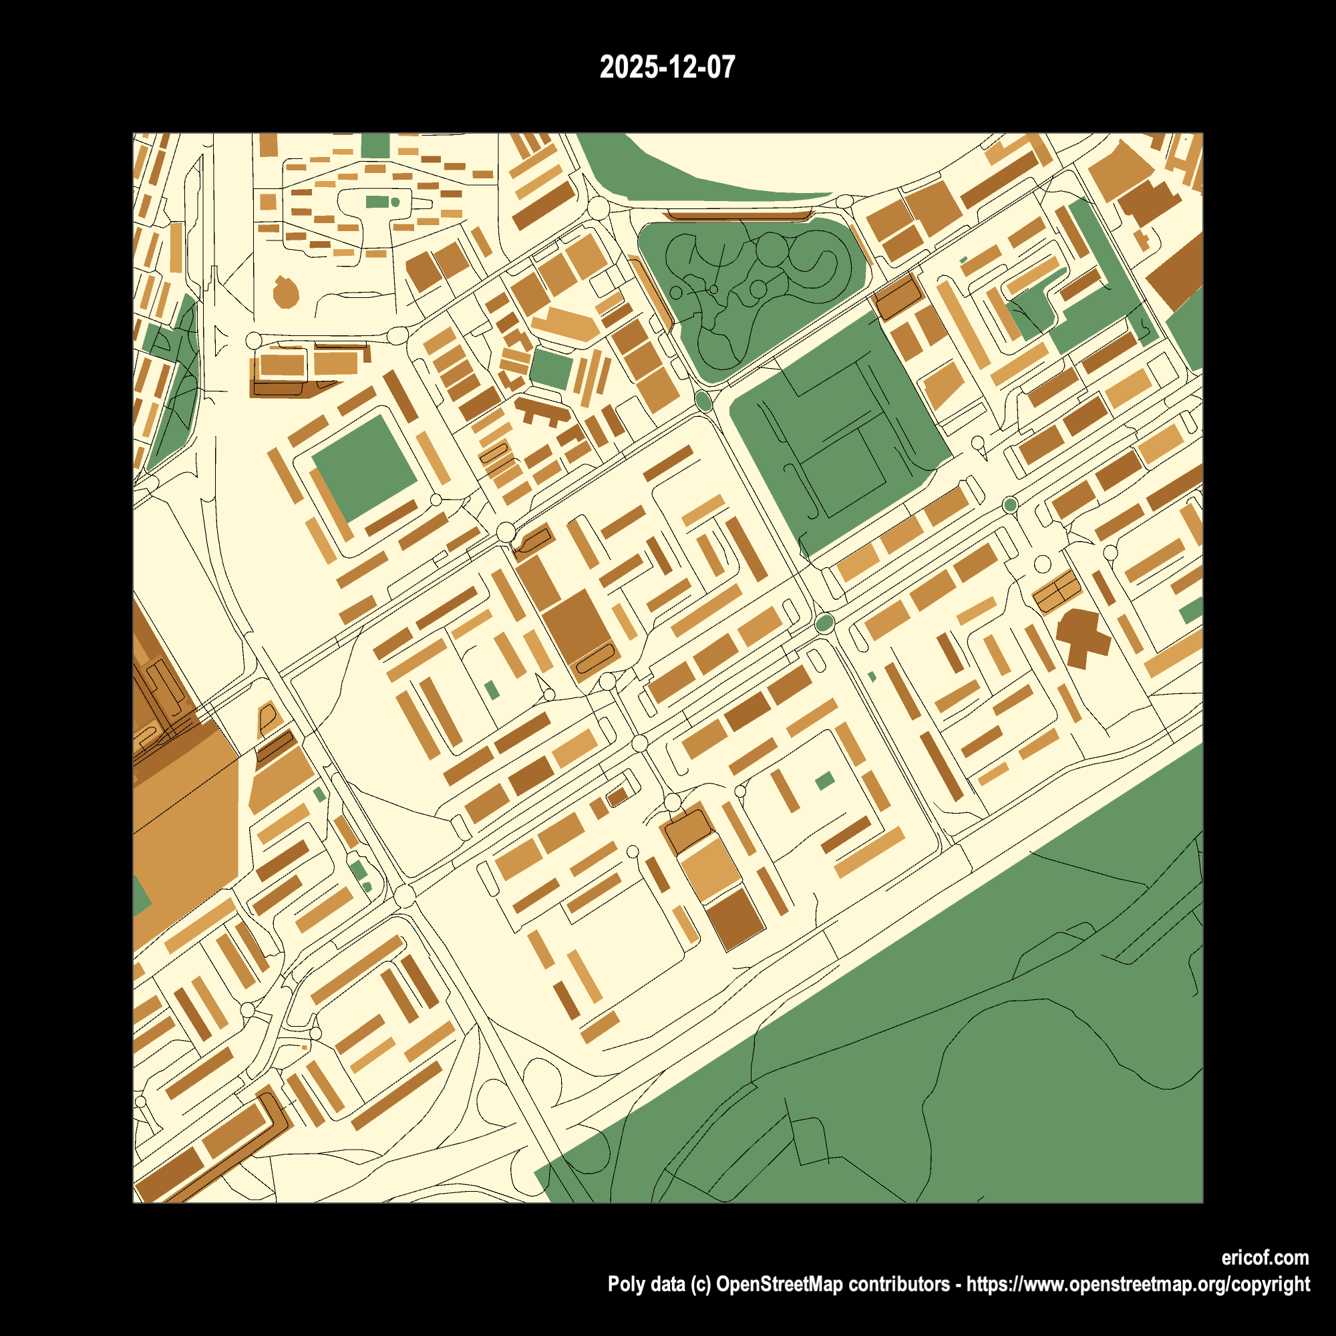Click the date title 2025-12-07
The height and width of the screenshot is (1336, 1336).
pos(667,67)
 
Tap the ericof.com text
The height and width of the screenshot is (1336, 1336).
pos(1264,1257)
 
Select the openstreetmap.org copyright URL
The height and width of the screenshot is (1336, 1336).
pos(1138,1284)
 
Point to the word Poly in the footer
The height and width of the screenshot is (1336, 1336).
pos(624,1284)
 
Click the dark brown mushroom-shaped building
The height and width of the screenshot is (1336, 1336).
pos(1082,636)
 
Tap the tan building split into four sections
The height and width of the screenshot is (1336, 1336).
pos(1056,591)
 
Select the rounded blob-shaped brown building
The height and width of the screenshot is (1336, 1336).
pos(285,293)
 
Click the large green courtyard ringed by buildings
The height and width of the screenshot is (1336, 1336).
pos(365,466)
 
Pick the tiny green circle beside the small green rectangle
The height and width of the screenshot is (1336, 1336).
pos(395,202)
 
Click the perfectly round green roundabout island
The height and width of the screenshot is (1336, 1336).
pos(1009,505)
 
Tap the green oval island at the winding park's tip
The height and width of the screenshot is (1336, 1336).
pos(704,401)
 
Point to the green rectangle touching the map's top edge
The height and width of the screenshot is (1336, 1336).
pos(375,145)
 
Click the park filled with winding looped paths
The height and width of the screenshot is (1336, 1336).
pos(750,291)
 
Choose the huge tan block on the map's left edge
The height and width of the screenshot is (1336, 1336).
pos(183,830)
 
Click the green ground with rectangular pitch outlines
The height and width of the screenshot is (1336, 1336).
pos(837,436)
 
